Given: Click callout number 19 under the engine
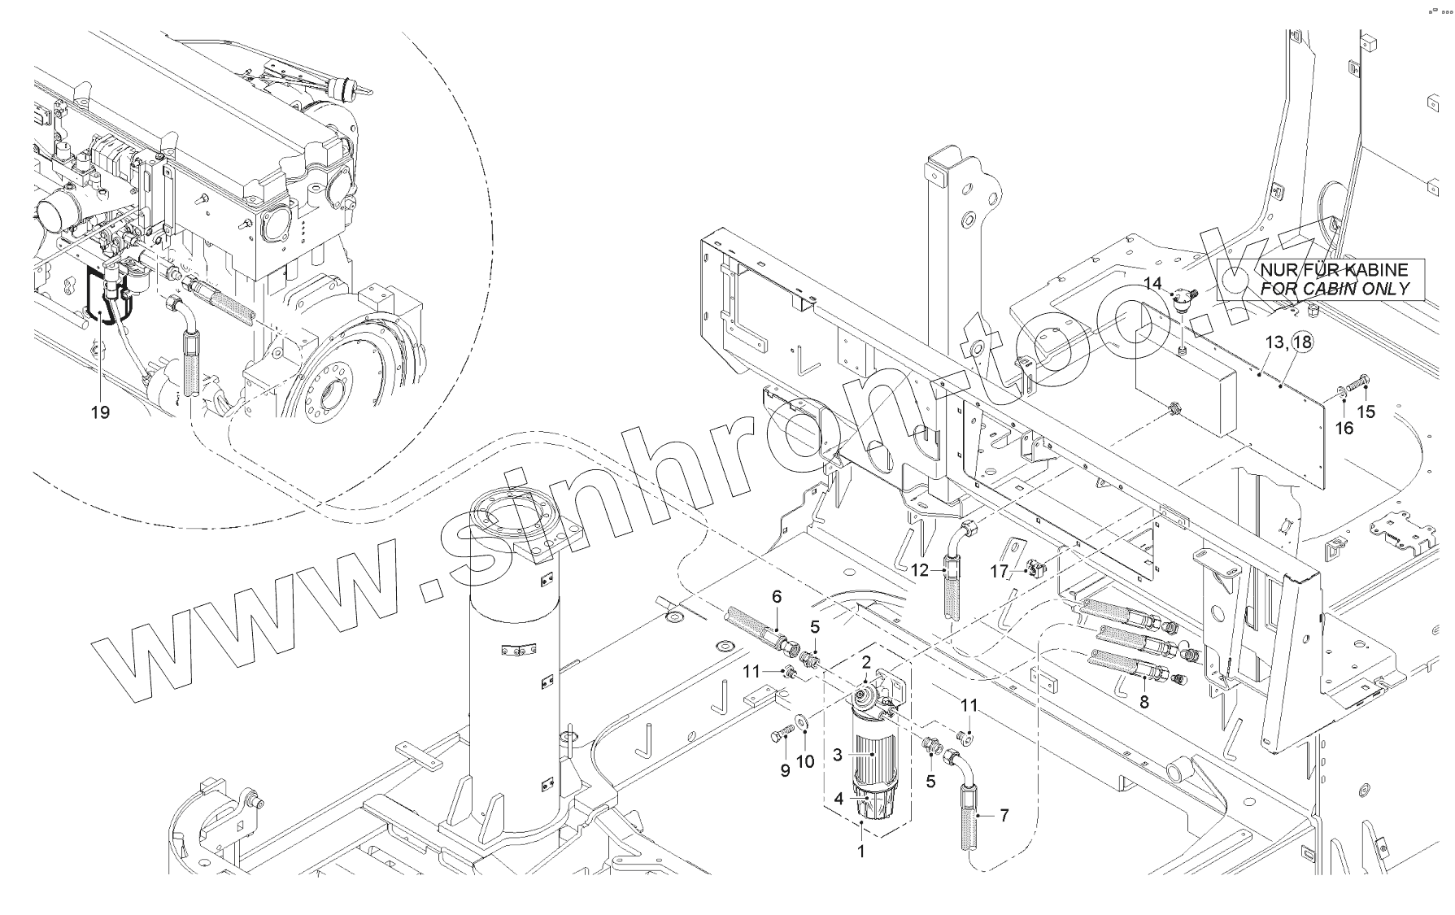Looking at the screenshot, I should point(100,412).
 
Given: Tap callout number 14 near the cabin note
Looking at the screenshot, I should point(1153,283).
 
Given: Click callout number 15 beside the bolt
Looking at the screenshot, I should point(1366,412).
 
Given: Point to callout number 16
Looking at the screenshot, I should point(1344,428).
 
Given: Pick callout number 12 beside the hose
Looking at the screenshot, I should point(919,571).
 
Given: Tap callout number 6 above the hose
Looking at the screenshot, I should point(777,597).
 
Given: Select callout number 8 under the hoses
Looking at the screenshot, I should point(1144,702).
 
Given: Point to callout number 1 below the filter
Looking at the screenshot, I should point(861,852).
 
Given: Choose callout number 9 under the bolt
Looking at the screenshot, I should point(785,770).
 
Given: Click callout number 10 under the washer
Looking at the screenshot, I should point(805,762).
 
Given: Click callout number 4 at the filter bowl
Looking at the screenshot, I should point(839,799).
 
